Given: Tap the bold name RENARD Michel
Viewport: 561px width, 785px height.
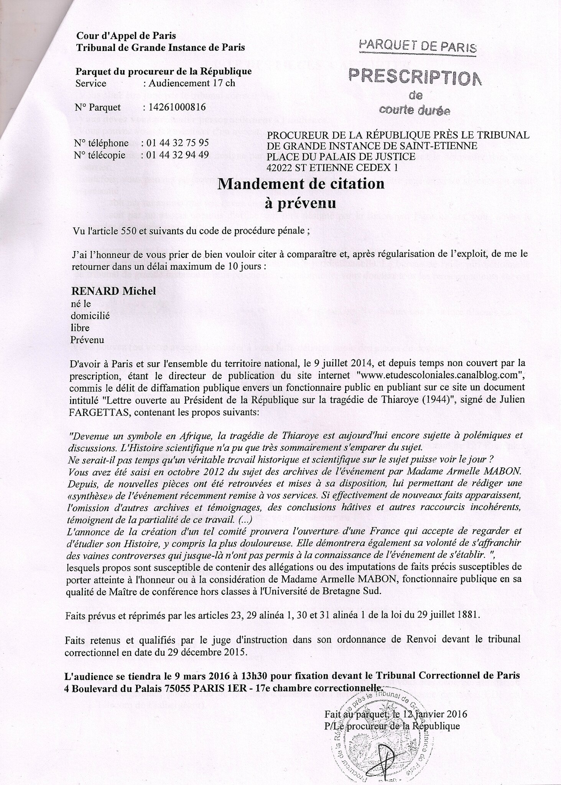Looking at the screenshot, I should pyautogui.click(x=114, y=291).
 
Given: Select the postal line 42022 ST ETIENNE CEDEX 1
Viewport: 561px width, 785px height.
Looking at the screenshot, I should pyautogui.click(x=332, y=168).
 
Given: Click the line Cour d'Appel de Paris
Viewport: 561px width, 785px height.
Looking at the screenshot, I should pyautogui.click(x=126, y=36).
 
